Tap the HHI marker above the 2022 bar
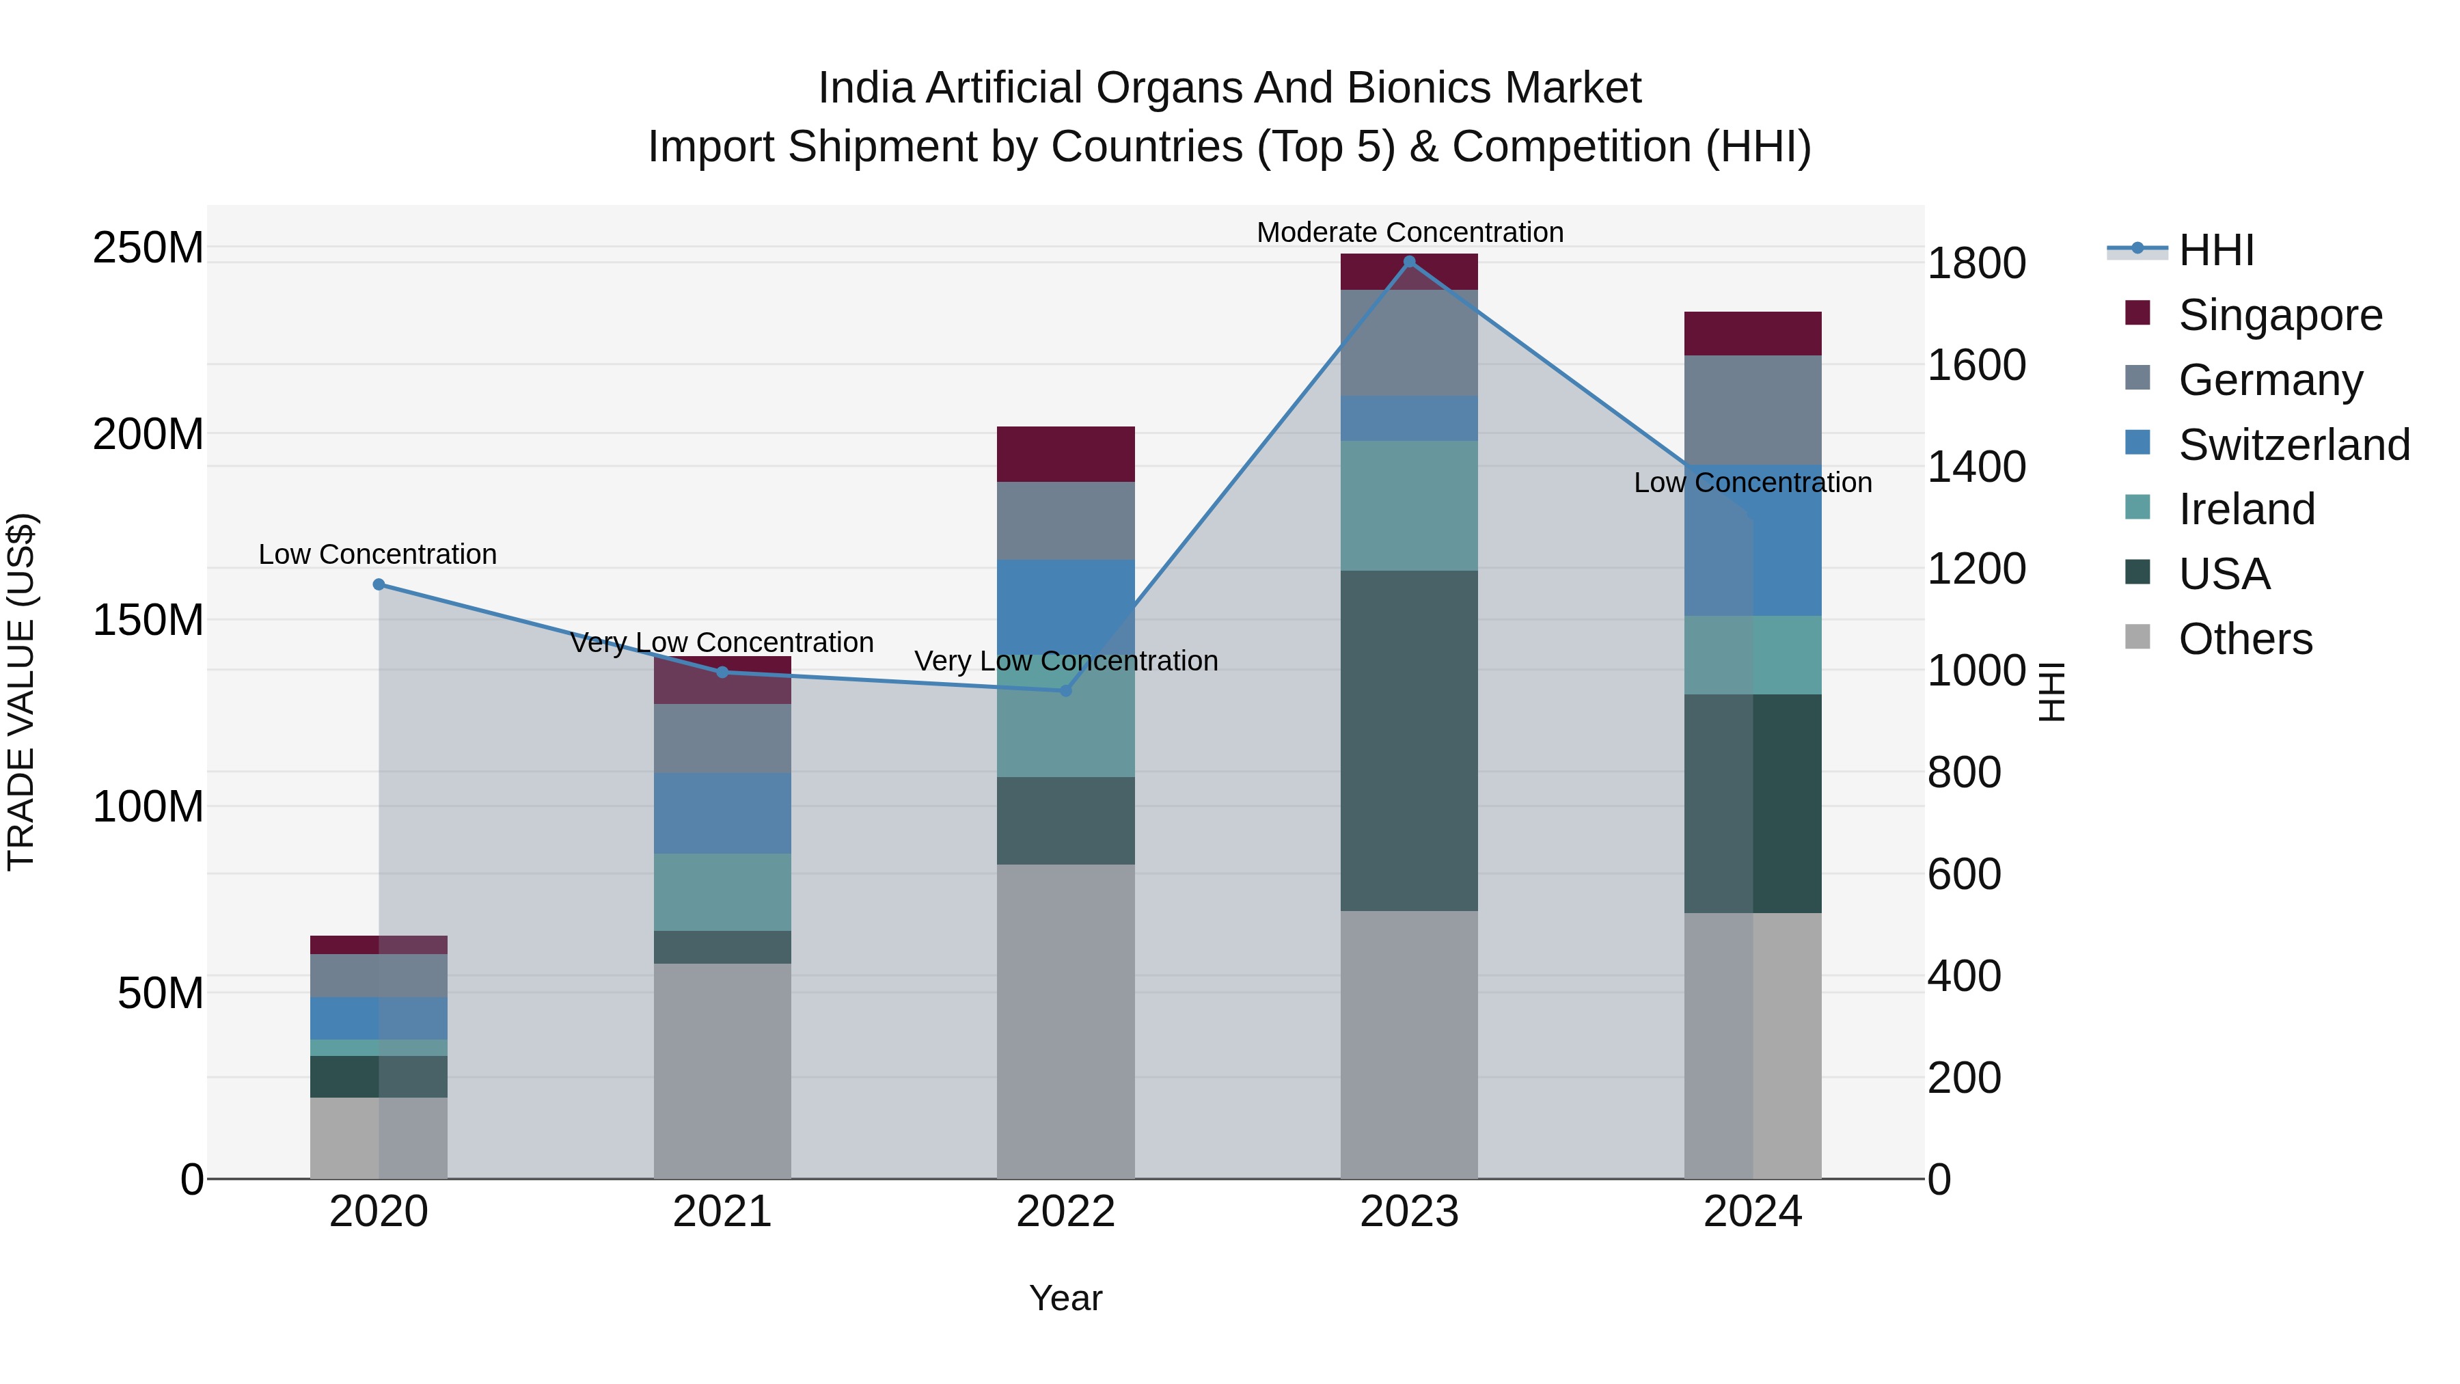pos(1066,690)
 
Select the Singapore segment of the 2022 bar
pos(1066,454)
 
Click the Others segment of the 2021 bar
pos(722,1070)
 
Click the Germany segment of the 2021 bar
pos(722,738)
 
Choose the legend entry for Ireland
pos(2246,509)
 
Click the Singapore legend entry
pos(2280,315)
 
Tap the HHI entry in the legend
pos(2215,250)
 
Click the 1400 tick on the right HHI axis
pos(1976,467)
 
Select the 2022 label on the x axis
pos(1066,1212)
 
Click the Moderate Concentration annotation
pos(1410,232)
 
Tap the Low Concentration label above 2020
pos(377,554)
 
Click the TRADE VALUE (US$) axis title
pos(21,692)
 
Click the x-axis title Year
pos(1066,1298)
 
